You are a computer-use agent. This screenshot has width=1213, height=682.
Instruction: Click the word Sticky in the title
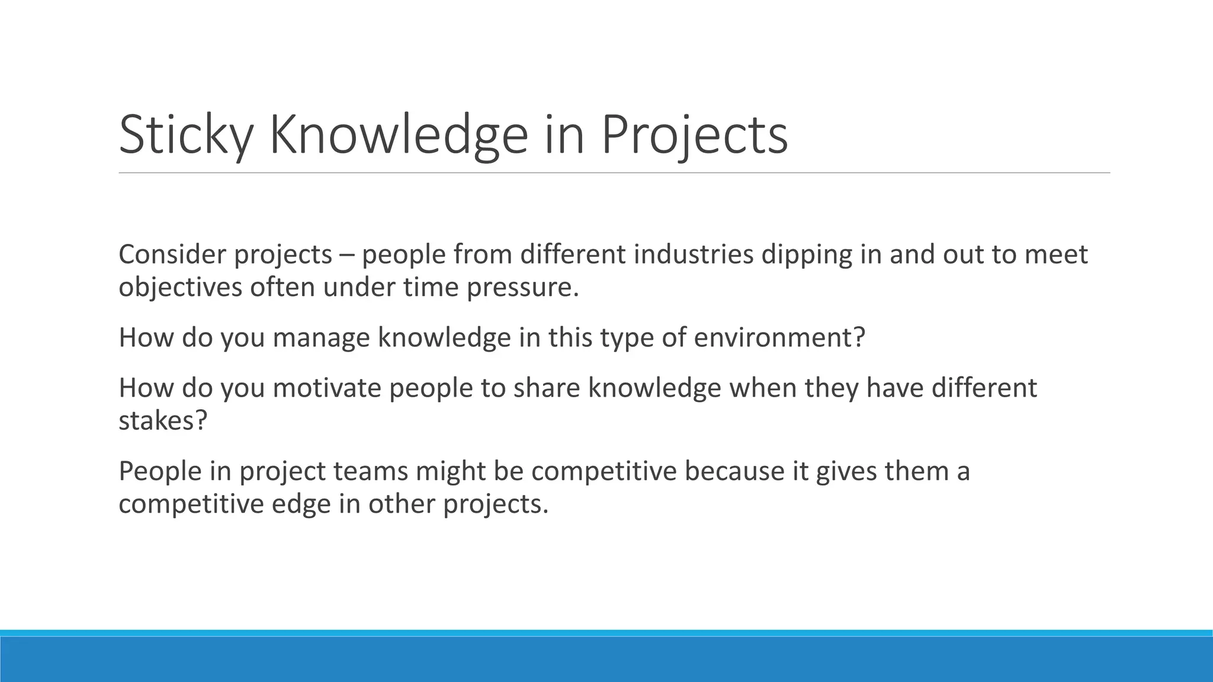coord(186,136)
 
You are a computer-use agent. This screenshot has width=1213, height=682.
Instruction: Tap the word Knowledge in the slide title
coord(398,136)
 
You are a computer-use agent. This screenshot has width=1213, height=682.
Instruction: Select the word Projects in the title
coord(694,136)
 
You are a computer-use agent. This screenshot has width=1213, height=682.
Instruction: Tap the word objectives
coord(180,288)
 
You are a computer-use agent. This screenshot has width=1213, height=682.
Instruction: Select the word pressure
coord(522,288)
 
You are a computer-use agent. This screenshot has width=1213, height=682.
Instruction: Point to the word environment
coord(774,338)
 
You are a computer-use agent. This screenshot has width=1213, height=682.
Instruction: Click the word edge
coord(301,504)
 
